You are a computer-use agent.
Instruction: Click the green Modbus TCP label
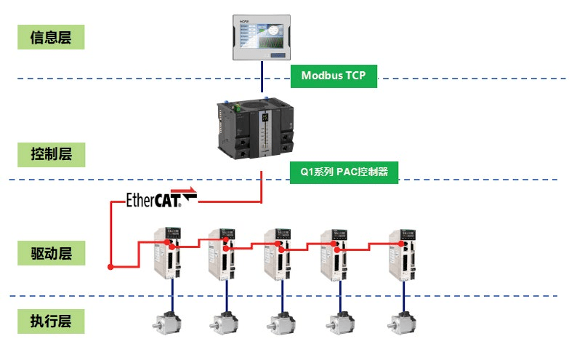[x=334, y=76]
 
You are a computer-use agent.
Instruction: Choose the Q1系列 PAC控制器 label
[x=344, y=172]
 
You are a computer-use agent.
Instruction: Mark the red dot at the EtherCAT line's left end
[x=110, y=267]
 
